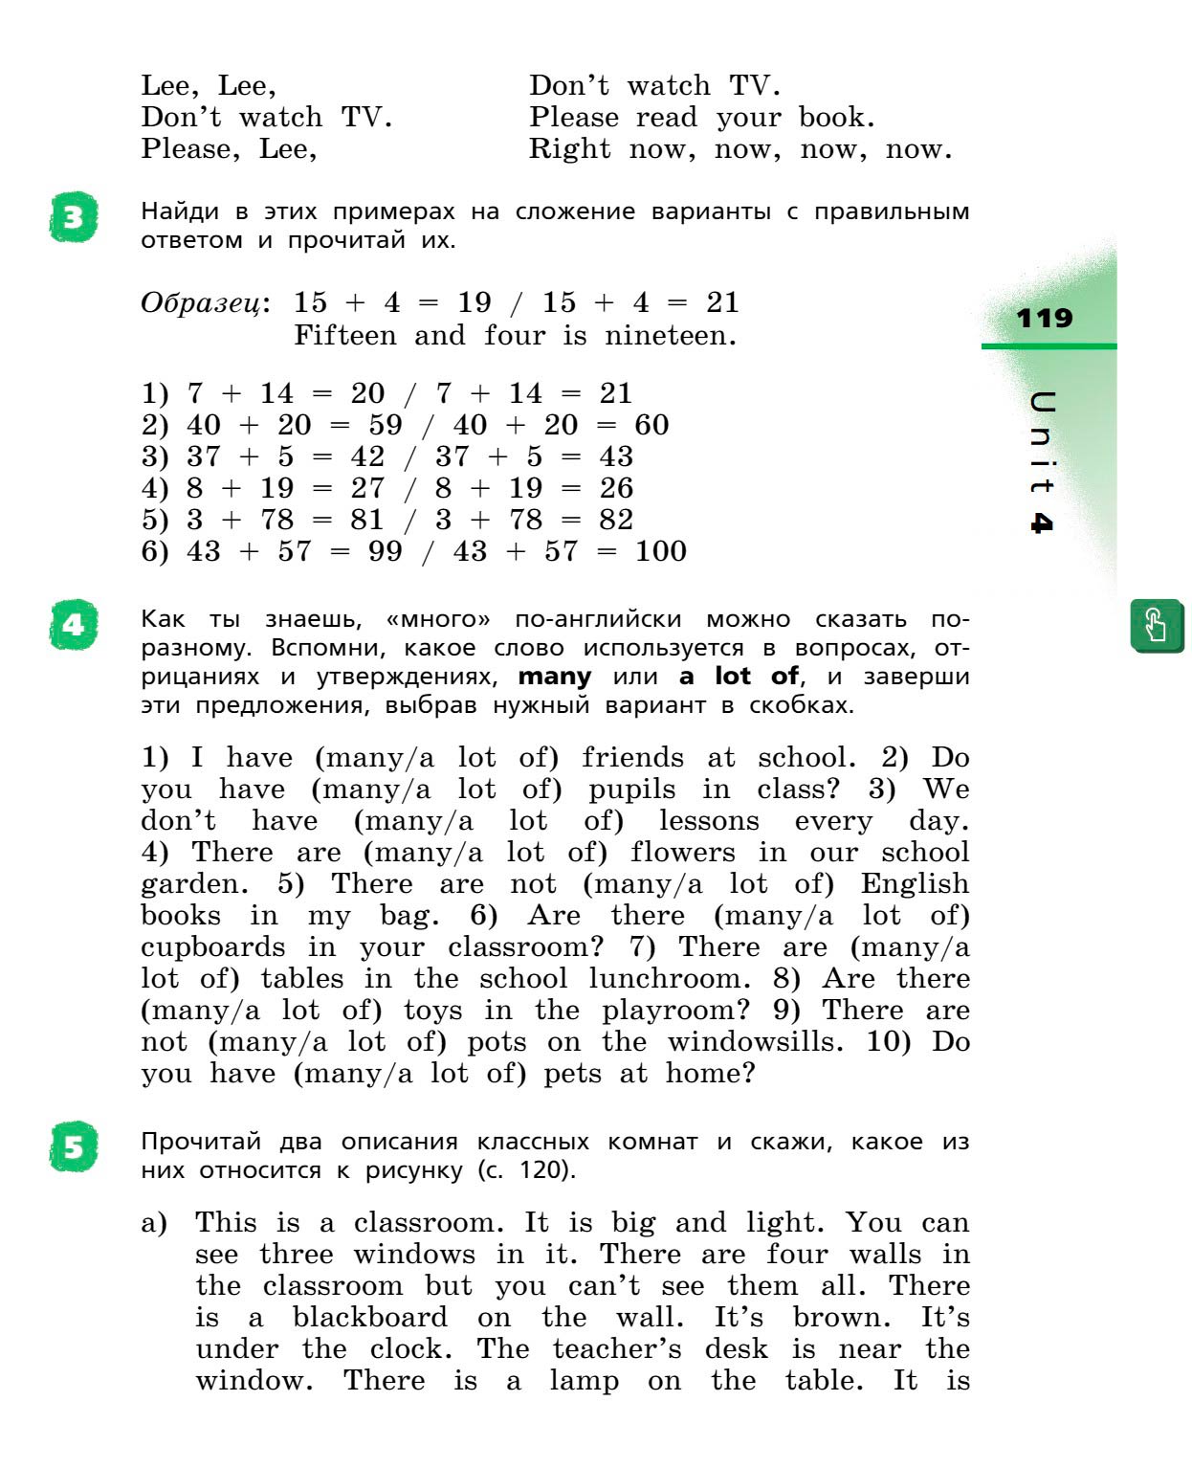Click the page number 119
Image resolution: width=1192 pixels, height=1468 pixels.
pos(1045,318)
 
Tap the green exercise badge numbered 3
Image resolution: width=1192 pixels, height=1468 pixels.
pos(74,219)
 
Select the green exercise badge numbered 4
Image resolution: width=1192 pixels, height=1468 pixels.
pos(74,626)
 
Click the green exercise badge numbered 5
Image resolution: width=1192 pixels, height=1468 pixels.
pos(74,1146)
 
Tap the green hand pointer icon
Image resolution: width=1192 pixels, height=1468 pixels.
pos(1156,626)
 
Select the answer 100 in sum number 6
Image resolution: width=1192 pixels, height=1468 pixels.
pos(660,551)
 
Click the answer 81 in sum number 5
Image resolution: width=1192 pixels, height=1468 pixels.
pos(366,520)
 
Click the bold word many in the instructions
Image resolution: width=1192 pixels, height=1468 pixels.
pos(554,677)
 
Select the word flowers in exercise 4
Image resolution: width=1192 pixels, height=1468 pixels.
pos(682,853)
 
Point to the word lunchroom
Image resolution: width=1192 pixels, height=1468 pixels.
pos(665,979)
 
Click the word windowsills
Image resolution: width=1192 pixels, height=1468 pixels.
pos(755,1042)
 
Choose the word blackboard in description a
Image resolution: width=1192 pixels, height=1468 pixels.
pos(369,1318)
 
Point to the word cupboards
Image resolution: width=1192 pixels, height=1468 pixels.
pos(212,947)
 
